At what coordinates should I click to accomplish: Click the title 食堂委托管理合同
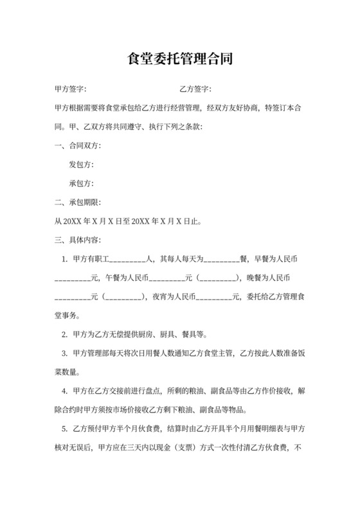pos(180,59)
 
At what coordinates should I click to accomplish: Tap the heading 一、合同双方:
pos(78,145)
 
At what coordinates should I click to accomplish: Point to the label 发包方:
pos(82,165)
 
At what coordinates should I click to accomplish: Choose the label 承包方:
pos(82,183)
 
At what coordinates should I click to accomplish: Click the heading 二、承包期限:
pos(78,202)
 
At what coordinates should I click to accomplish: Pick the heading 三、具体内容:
pos(78,240)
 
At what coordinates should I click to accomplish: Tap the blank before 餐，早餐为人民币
pos(222,260)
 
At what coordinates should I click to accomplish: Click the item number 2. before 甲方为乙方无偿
pos(64,334)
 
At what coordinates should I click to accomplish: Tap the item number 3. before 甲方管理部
pos(64,353)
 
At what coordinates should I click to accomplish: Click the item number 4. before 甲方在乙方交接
pos(64,391)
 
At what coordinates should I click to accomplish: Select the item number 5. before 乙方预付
pos(64,429)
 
